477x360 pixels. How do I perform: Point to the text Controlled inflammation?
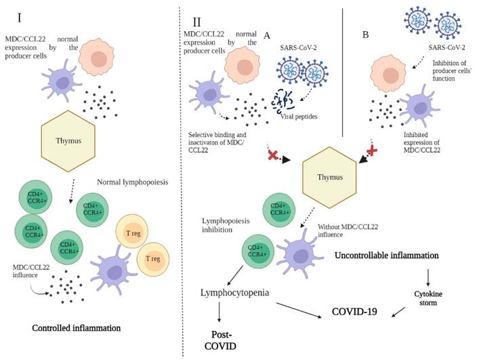77,328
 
